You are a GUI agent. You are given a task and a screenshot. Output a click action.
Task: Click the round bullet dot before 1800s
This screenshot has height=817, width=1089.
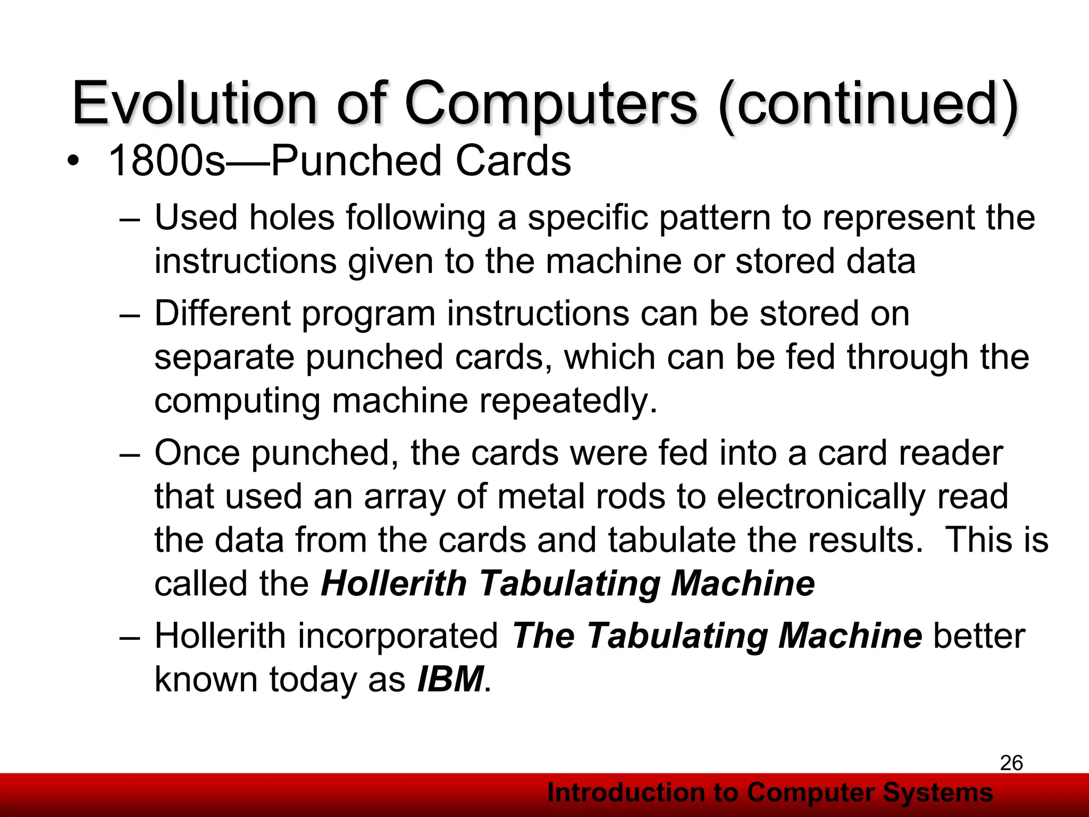(73, 161)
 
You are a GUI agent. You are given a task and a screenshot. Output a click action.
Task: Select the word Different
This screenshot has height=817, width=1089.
(222, 313)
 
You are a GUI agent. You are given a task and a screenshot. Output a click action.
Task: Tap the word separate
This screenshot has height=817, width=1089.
(224, 357)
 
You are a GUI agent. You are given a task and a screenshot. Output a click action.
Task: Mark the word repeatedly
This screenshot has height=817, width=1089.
(568, 401)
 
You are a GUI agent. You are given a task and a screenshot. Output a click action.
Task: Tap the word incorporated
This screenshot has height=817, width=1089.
(397, 636)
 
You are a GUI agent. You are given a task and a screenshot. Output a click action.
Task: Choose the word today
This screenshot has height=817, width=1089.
(313, 679)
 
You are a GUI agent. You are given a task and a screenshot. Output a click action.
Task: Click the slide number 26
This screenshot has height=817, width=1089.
(1011, 763)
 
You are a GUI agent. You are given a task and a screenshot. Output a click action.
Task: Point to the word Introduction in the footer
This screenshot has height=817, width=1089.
(625, 793)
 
